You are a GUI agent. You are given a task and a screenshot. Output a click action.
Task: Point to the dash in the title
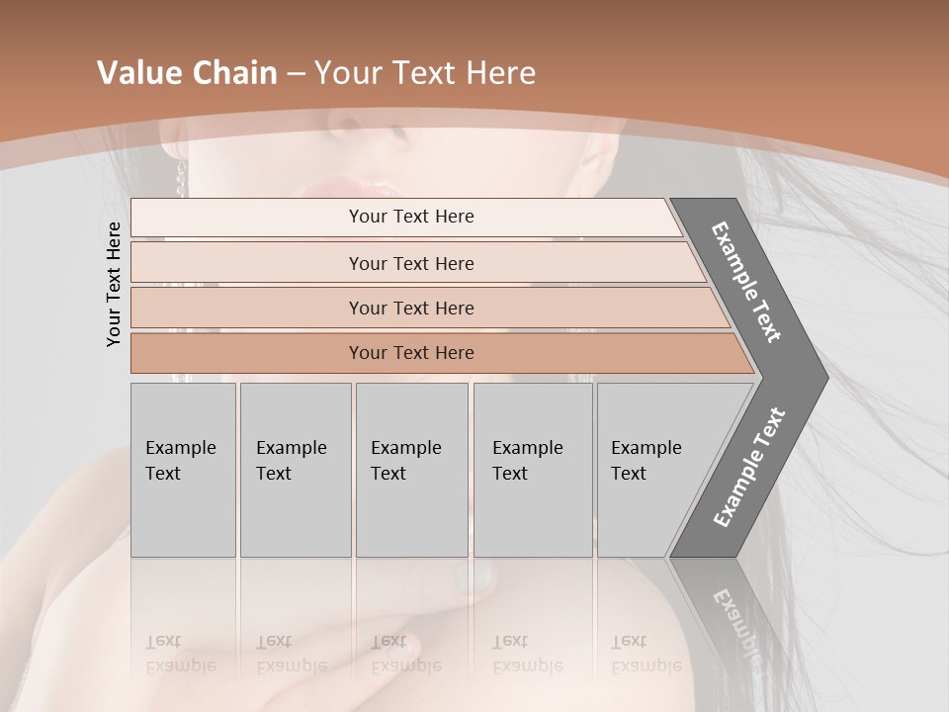coord(296,74)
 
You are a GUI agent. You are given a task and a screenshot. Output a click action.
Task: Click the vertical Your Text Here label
coord(115,284)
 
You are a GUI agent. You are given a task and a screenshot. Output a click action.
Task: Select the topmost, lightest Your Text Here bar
coord(410,217)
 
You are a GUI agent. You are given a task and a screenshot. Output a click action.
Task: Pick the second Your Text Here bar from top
coord(410,263)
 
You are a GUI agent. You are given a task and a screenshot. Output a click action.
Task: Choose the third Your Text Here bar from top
coord(410,308)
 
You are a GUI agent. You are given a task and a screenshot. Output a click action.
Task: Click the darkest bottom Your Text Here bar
coord(410,353)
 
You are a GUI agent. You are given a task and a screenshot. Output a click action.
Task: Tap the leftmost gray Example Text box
coord(183,470)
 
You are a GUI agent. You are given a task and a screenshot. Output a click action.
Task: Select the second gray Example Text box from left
coord(295,470)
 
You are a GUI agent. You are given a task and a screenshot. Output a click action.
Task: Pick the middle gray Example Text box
coord(411,470)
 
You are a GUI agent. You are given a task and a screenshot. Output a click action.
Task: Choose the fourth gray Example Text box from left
coord(532,470)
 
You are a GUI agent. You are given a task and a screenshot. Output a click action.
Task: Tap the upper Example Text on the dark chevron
coord(747,282)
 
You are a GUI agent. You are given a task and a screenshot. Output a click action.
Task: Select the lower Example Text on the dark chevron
coord(749,467)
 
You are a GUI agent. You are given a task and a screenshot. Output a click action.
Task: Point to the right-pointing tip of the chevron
coord(822,377)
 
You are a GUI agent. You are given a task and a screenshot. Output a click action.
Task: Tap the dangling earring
coord(181,179)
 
